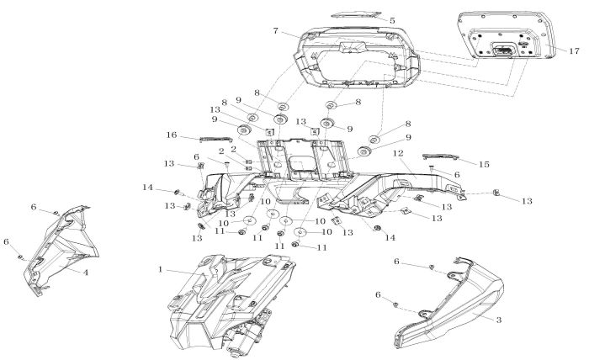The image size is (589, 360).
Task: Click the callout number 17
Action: coord(575,51)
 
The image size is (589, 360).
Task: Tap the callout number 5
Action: coord(391,19)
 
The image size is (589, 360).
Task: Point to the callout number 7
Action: coord(274,31)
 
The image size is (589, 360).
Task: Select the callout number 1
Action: coord(160,270)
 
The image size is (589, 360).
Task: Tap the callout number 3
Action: coord(499,320)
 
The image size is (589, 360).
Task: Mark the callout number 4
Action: coord(86,273)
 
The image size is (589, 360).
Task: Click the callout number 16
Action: coord(171,135)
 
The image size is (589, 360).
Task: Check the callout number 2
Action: coord(220,151)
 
